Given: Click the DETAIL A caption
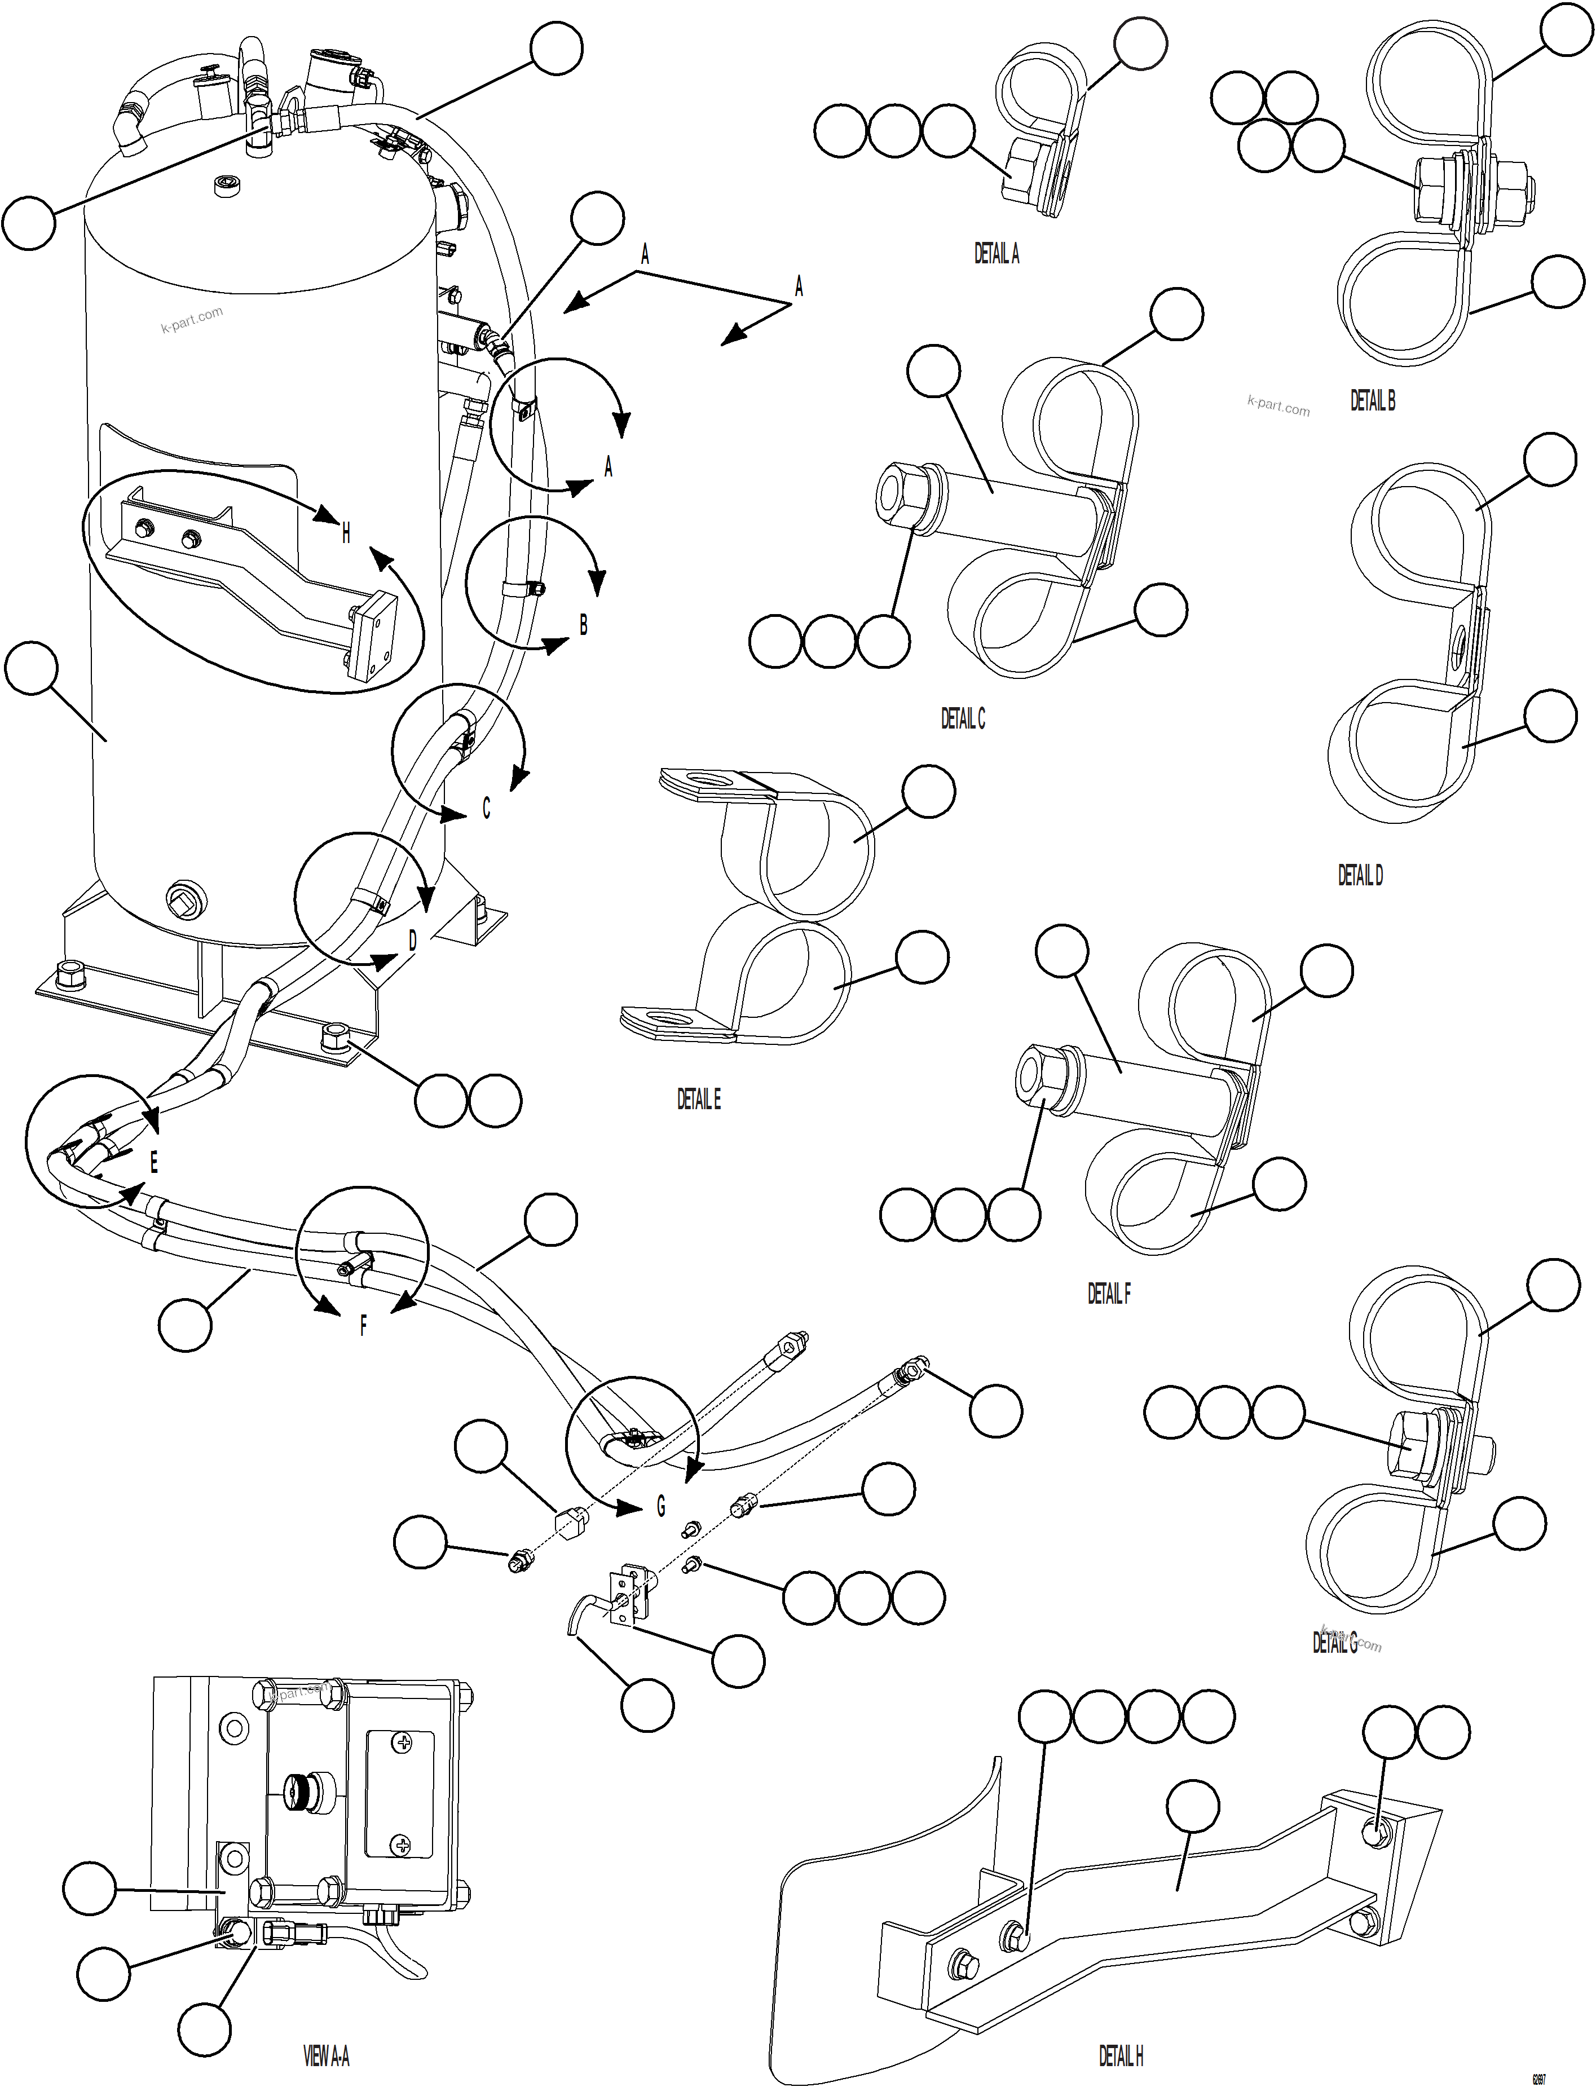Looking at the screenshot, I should click(995, 254).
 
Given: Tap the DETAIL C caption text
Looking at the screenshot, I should click(962, 719).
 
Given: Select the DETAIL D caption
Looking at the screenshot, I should click(1360, 876).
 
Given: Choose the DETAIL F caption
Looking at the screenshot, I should click(1109, 1294).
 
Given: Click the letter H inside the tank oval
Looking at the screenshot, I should click(346, 534).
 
